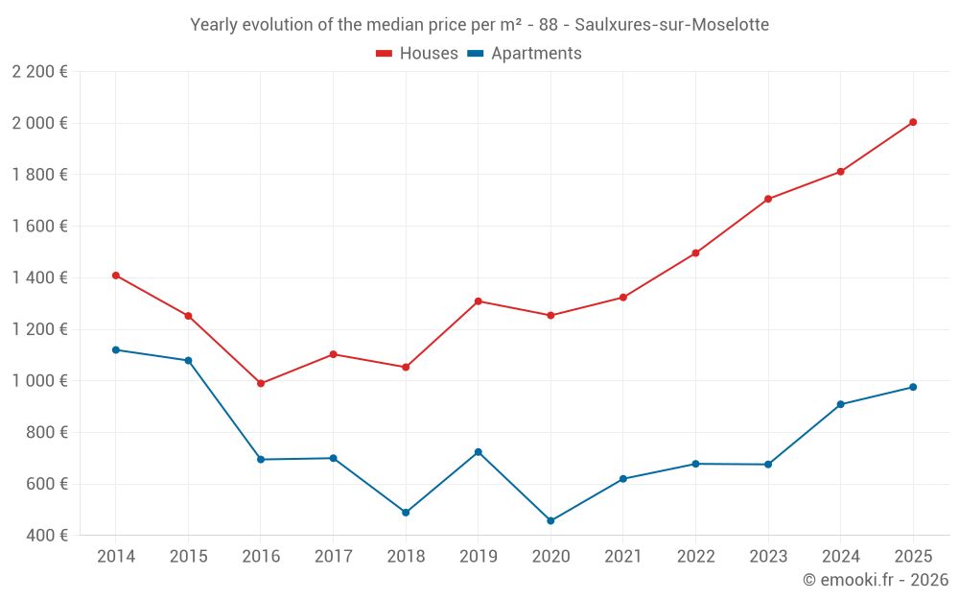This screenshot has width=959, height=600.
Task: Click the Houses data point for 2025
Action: [913, 122]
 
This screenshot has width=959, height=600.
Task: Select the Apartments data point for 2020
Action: [550, 521]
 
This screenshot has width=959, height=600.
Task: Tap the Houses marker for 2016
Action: [261, 383]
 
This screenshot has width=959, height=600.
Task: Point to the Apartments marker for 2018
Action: [406, 513]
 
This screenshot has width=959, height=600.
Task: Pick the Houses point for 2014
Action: [116, 276]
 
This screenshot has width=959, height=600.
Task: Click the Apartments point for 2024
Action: [840, 404]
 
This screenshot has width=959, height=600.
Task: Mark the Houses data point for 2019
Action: [478, 301]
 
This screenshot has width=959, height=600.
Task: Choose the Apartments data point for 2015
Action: [188, 361]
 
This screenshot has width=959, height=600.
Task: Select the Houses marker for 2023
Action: [768, 199]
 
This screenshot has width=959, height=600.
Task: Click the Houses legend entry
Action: [417, 54]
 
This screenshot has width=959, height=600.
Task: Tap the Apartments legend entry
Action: [525, 54]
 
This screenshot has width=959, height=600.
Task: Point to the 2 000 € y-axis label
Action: [39, 123]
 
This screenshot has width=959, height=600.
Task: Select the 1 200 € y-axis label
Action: [39, 329]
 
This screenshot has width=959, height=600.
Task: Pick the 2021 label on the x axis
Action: [622, 557]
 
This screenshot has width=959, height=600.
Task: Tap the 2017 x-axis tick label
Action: [333, 557]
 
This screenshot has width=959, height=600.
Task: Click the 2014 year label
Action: [116, 557]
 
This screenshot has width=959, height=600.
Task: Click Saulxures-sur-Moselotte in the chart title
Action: [671, 25]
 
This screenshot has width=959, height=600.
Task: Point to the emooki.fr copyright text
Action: [875, 580]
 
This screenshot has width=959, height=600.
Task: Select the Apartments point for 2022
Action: [695, 464]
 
